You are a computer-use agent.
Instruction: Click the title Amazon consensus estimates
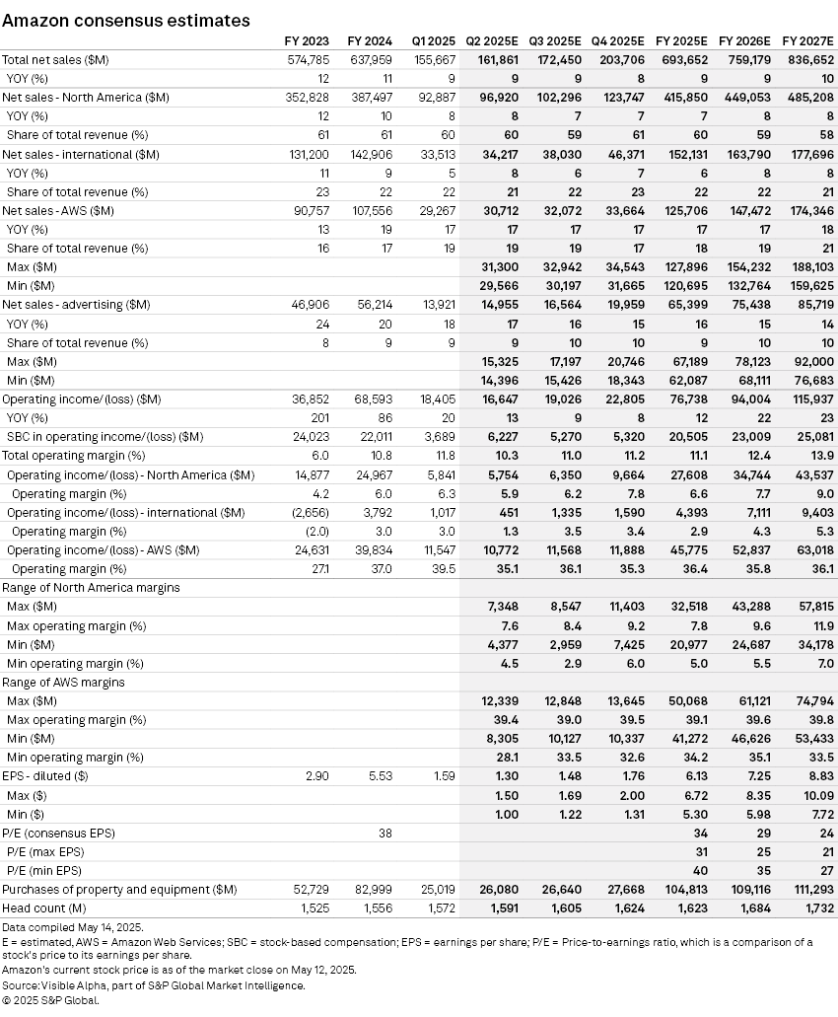point(125,20)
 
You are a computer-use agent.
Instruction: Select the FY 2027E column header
point(807,41)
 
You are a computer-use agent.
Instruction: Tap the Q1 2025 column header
point(433,41)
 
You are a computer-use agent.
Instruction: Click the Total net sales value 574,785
point(309,59)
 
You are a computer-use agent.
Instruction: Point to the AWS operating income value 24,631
point(313,549)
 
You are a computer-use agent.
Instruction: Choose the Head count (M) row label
point(40,908)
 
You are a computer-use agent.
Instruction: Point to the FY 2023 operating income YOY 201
point(321,417)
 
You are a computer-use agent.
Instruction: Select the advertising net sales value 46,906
point(313,305)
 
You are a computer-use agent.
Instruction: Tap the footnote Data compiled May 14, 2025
point(70,927)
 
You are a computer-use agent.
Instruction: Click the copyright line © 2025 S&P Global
point(51,999)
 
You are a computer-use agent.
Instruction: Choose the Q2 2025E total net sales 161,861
point(497,59)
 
